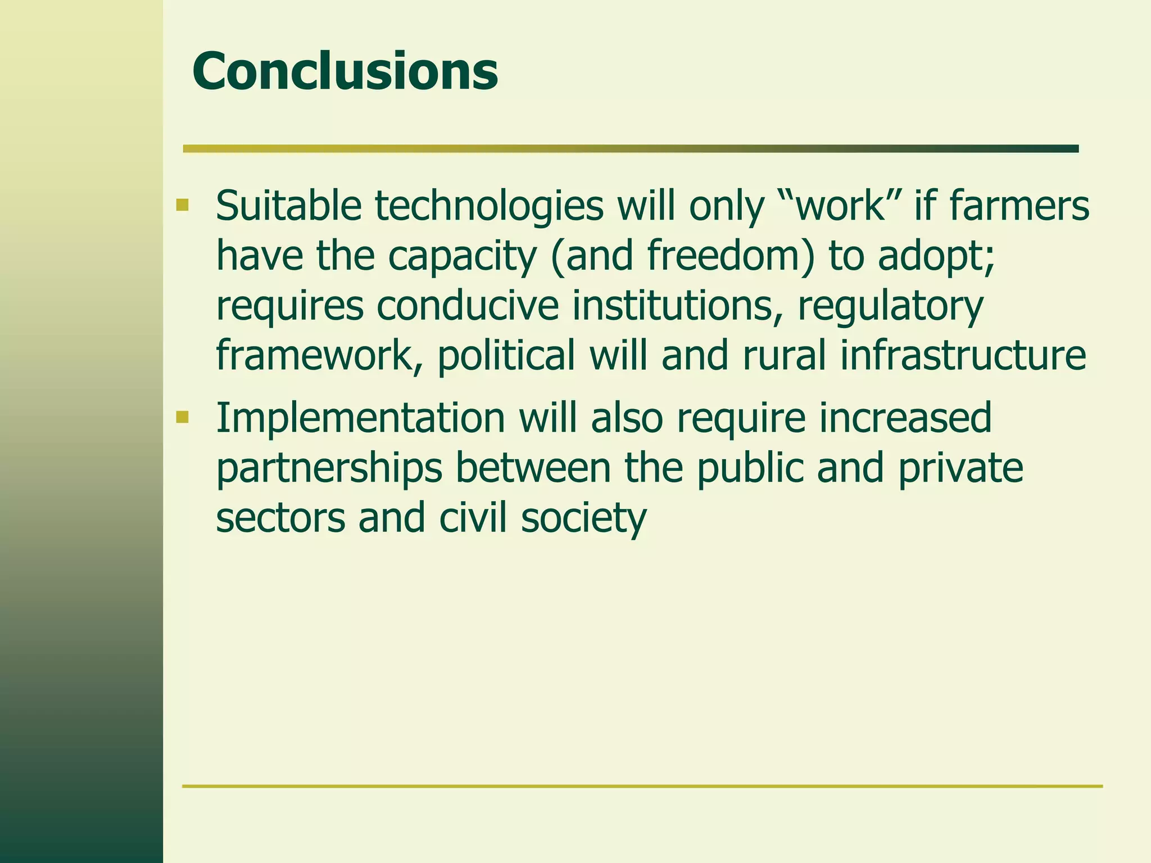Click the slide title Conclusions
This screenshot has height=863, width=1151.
(x=345, y=71)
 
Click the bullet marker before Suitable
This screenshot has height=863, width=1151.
(x=182, y=204)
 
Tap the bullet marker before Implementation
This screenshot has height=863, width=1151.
(x=182, y=417)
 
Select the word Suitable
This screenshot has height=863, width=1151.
(x=288, y=206)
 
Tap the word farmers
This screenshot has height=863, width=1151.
(x=1019, y=206)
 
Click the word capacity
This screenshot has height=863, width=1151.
(x=462, y=256)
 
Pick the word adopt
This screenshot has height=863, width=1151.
(x=936, y=256)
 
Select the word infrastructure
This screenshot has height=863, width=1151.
(x=963, y=355)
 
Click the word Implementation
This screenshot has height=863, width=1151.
(x=360, y=418)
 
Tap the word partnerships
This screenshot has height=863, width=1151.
(x=329, y=469)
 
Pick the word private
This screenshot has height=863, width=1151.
(x=960, y=469)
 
